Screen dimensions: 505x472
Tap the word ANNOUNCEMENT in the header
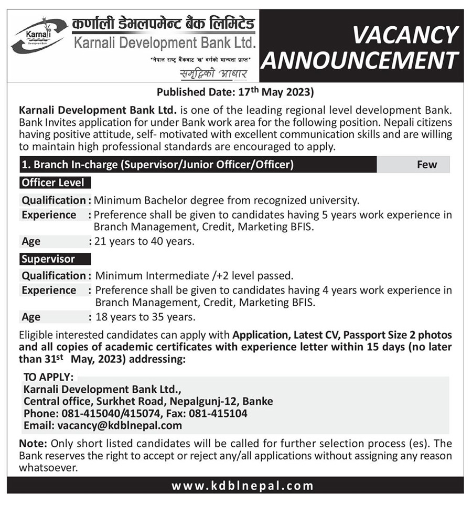[x=361, y=60]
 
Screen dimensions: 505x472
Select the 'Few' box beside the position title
[x=427, y=165]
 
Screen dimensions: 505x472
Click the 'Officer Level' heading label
[x=55, y=183]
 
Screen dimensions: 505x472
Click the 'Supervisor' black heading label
[x=48, y=259]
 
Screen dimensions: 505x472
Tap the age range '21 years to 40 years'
[x=144, y=242]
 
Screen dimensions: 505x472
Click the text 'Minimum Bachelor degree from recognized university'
[x=227, y=200]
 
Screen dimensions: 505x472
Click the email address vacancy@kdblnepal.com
[x=120, y=425]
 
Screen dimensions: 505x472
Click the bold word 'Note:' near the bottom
[x=33, y=443]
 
